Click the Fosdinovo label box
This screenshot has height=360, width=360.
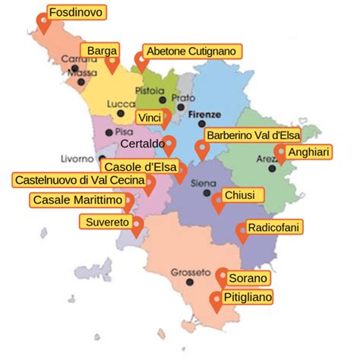point(75,12)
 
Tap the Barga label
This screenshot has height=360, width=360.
point(102,50)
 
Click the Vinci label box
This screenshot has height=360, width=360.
point(149,116)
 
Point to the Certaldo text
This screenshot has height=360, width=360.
point(141,142)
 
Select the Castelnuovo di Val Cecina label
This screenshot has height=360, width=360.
point(76,180)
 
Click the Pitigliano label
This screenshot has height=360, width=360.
point(247,297)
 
